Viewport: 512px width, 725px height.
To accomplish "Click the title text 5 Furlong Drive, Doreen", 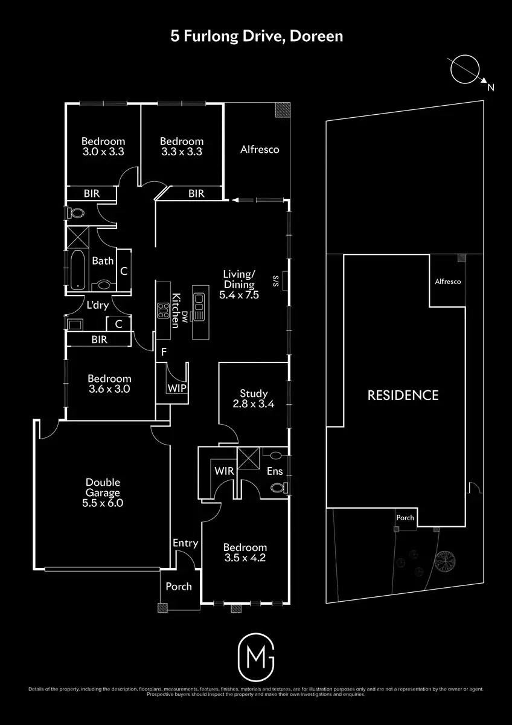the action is coord(256,36).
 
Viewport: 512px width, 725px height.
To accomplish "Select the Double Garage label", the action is coord(103,492).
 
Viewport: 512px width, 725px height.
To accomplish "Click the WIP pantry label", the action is coord(177,388).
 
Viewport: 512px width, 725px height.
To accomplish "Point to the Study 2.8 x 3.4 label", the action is coord(254,399).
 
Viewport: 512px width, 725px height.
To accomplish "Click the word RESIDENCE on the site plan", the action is coord(403,396).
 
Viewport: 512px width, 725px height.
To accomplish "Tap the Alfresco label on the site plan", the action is coord(448,282).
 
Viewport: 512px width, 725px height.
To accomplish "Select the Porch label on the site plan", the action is coord(405,518).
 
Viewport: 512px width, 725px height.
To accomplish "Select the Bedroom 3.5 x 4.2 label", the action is coord(244,552).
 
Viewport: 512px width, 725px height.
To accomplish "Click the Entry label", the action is coord(185,543).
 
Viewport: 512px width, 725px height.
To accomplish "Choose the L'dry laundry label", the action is coord(97,305).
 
